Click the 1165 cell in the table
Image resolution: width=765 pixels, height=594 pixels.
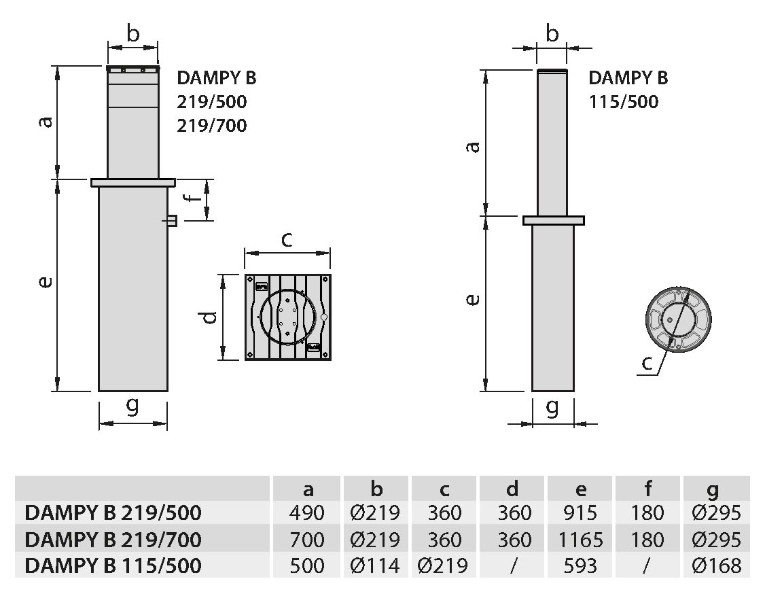[581, 540]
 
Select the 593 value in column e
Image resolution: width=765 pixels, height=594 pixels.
[581, 565]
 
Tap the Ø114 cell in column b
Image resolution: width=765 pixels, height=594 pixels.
[375, 565]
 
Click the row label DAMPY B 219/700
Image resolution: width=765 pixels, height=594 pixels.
[113, 540]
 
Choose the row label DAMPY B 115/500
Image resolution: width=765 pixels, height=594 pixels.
[113, 565]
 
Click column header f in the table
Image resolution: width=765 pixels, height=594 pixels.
[648, 488]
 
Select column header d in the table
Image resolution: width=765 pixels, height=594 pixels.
[512, 488]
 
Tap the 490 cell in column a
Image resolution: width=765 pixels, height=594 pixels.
[307, 512]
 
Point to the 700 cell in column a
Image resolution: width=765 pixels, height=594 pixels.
[307, 540]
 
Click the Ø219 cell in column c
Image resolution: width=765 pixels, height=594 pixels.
[443, 565]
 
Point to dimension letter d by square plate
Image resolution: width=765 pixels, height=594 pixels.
[209, 317]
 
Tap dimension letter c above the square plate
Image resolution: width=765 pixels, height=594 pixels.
[287, 239]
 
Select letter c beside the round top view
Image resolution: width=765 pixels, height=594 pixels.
[647, 363]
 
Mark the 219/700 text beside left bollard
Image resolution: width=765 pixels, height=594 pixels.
[212, 126]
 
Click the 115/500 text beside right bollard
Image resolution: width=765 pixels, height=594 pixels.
[624, 101]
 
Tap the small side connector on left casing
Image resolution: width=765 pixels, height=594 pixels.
[171, 221]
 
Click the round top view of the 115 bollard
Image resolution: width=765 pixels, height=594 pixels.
[678, 319]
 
